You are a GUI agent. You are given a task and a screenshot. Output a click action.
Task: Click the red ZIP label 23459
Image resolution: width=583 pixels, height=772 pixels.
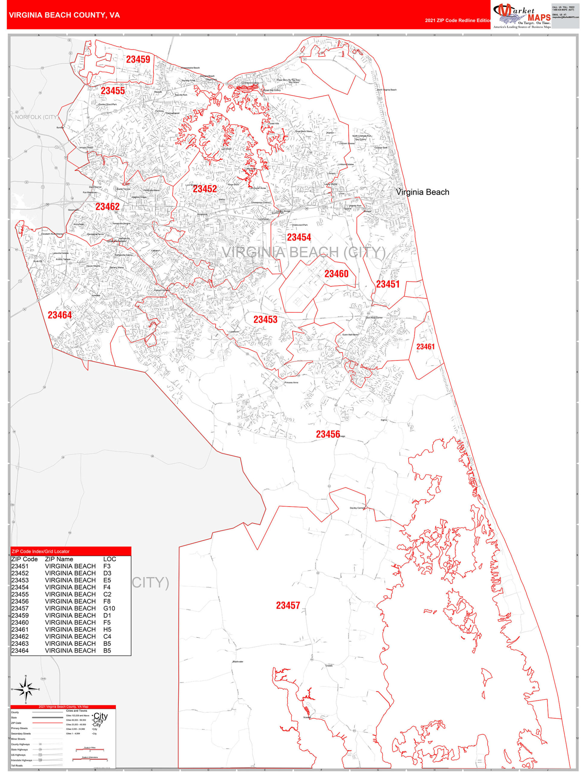point(138,59)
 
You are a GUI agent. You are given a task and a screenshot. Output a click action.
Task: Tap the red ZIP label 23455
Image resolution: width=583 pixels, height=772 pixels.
point(113,91)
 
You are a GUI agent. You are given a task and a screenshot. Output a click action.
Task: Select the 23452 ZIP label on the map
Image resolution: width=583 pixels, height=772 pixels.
point(205,189)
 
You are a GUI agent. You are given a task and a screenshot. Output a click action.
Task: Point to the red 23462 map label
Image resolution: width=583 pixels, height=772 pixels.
point(107,207)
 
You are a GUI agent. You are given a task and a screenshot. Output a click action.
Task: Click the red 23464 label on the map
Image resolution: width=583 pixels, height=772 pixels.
point(60,315)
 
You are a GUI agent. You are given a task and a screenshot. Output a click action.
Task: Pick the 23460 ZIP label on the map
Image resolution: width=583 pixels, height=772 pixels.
point(336,274)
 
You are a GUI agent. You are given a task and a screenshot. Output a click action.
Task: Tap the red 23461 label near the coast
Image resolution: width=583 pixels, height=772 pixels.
point(425,346)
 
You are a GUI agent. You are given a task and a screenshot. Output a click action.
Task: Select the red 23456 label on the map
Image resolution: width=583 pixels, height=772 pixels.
point(328,434)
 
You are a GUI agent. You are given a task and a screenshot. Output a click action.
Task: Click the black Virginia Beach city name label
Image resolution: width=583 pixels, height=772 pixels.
point(422,192)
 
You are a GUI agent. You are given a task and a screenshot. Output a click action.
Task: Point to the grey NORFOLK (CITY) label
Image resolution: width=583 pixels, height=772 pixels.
point(36,117)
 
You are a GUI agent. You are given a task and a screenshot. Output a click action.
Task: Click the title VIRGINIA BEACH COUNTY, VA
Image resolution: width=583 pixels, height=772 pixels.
point(64,15)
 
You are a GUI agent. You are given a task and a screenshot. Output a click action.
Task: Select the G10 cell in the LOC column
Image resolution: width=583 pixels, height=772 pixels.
point(109,608)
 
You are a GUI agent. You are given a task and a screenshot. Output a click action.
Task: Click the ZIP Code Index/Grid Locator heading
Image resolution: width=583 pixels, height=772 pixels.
point(40,552)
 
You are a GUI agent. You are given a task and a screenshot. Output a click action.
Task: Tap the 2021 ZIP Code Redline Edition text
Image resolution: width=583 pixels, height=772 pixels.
point(458,21)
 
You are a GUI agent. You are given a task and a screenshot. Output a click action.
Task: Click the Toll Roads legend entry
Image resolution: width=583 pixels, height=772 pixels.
point(17,765)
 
